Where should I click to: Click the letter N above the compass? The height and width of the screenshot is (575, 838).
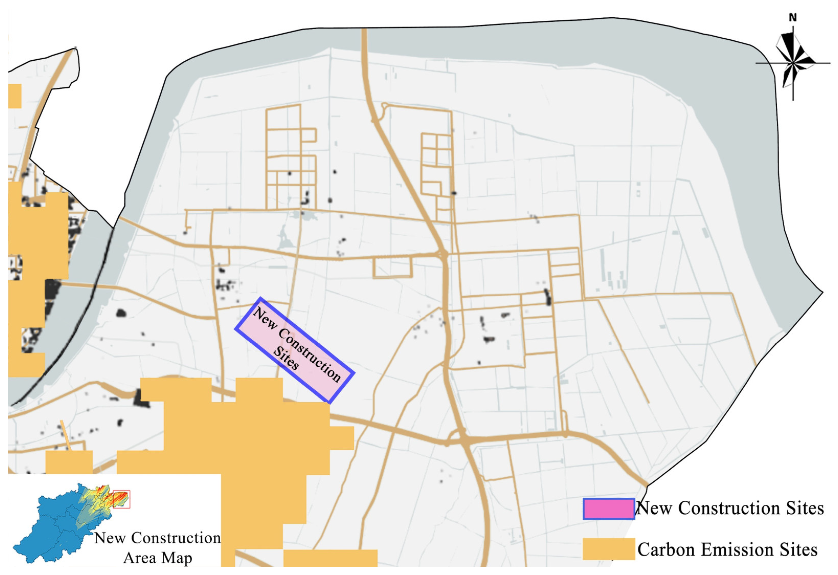792,17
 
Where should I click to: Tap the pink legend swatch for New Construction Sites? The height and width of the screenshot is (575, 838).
609,509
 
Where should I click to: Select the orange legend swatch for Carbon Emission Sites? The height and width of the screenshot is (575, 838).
609,549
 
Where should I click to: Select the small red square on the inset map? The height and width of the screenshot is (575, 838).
121,499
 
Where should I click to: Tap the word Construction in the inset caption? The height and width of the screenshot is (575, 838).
176,538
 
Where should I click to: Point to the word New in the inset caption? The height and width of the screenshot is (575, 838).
110,538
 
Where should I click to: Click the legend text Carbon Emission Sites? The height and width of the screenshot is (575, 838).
727,549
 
